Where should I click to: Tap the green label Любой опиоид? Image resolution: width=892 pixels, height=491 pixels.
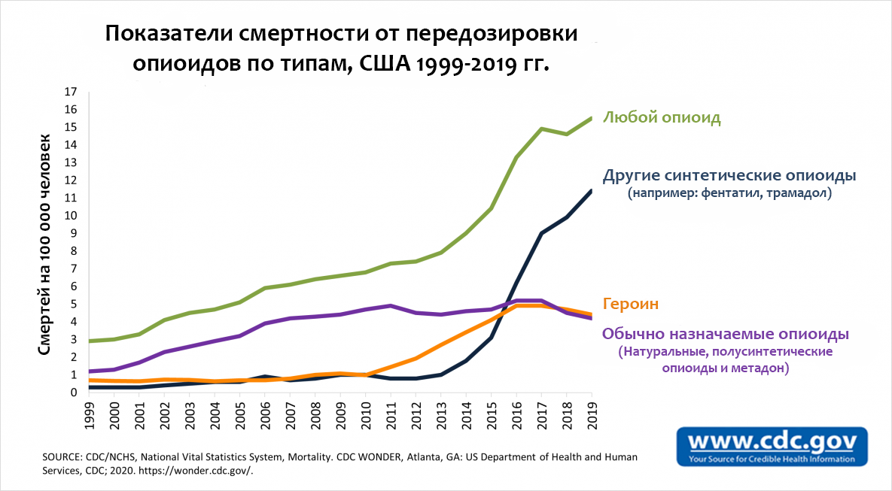662,118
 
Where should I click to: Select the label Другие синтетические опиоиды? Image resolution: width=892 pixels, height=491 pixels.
729,176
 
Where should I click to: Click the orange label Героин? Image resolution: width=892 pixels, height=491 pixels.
631,305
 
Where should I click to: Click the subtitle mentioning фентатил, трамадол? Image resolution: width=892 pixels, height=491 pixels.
729,194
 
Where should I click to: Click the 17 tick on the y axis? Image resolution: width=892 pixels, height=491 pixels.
71,92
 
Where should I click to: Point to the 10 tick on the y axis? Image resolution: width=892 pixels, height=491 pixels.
71,216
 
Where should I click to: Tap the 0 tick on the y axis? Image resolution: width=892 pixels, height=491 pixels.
74,392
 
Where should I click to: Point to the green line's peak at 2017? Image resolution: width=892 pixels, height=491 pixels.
541,129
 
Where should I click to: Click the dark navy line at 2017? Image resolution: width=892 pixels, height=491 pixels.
541,233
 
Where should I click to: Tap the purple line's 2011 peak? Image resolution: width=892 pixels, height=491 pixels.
391,305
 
